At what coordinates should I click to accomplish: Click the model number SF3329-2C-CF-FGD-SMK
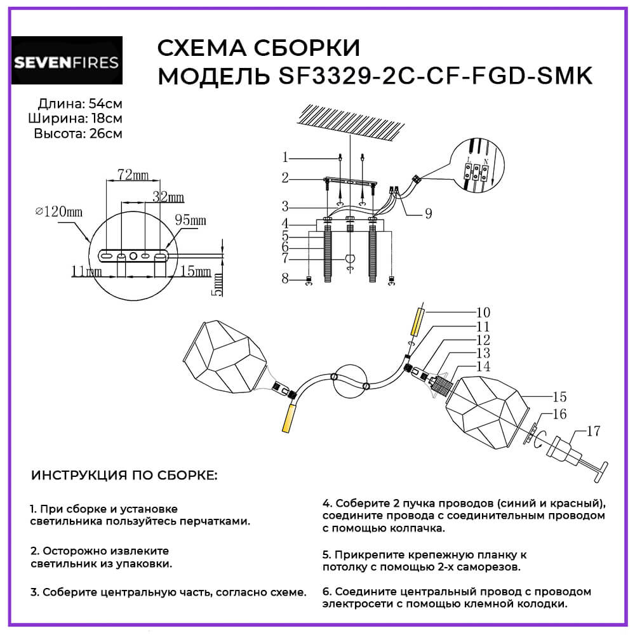click(434, 76)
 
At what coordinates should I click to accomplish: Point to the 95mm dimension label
click(190, 220)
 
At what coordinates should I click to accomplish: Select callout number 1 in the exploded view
click(286, 157)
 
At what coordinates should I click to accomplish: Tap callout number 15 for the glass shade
click(559, 398)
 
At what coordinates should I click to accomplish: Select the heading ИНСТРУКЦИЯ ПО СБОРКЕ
click(123, 476)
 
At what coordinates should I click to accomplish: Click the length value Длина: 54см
click(80, 104)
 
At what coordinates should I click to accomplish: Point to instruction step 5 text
click(424, 560)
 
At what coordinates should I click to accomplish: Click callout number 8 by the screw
click(286, 277)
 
